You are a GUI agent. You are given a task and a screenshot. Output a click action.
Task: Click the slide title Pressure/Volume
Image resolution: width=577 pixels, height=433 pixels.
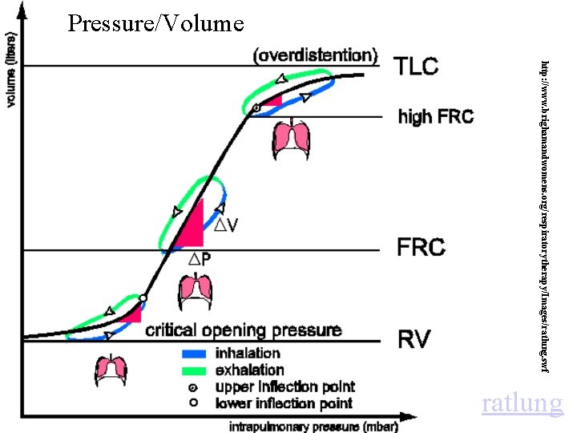(155, 23)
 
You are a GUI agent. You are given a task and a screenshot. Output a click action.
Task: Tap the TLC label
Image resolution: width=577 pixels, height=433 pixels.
(417, 66)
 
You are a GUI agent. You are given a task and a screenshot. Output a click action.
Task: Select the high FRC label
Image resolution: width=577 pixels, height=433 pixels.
(435, 117)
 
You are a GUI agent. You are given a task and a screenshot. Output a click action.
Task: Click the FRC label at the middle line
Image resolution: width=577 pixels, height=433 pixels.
(421, 247)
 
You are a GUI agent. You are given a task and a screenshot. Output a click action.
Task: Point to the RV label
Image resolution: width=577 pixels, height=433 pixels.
(414, 339)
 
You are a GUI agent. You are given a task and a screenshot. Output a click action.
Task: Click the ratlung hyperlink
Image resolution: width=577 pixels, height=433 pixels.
(522, 403)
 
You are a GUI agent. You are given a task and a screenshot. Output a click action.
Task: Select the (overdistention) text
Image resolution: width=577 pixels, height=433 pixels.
(315, 55)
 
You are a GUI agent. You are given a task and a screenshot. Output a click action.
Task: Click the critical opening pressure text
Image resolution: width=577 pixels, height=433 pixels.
(243, 330)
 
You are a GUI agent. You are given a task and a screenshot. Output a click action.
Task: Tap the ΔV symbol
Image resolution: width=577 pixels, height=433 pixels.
(224, 225)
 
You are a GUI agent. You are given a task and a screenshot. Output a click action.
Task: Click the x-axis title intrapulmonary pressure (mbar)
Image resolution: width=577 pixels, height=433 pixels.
(313, 426)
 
